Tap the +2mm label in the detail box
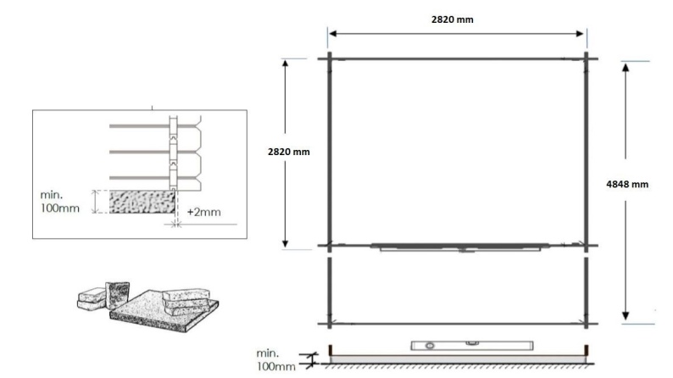(203, 212)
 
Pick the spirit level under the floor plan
(447, 346)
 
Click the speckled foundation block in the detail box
(142, 202)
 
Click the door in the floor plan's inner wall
(458, 247)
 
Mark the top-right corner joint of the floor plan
(586, 58)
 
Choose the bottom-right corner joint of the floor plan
(586, 323)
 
